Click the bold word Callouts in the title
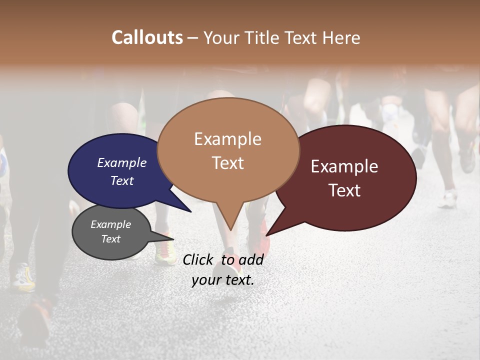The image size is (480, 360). [x=147, y=37]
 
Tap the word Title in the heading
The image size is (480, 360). [x=262, y=38]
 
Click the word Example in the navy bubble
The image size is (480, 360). [x=121, y=163]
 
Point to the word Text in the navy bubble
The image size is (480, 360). [x=121, y=181]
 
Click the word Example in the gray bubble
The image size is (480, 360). [x=110, y=224]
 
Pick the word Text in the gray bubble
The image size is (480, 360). [x=110, y=239]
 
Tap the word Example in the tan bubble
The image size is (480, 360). [x=227, y=139]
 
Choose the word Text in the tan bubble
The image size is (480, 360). [x=227, y=163]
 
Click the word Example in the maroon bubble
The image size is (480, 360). [x=344, y=166]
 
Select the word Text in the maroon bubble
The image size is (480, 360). [x=344, y=190]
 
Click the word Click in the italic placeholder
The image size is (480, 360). [x=198, y=260]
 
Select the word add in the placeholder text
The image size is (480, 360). [x=251, y=260]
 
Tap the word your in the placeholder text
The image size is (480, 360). [x=205, y=280]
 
